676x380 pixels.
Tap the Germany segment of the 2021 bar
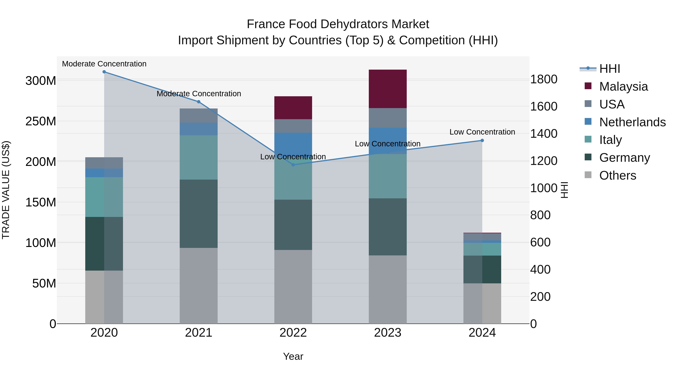(x=199, y=214)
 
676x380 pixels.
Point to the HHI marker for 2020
(x=104, y=72)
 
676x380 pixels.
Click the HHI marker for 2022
(x=293, y=165)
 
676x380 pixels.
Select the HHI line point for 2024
(x=482, y=140)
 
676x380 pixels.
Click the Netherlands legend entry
(x=632, y=122)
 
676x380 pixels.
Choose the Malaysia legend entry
(x=623, y=86)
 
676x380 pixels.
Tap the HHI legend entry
(x=609, y=69)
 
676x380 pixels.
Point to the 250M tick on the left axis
(x=41, y=121)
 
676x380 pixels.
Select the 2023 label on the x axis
(x=388, y=333)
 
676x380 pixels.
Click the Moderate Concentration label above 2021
(x=199, y=94)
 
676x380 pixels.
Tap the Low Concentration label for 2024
(x=482, y=132)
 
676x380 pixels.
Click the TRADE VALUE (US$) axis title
(x=6, y=190)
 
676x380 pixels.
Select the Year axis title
(x=293, y=356)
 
